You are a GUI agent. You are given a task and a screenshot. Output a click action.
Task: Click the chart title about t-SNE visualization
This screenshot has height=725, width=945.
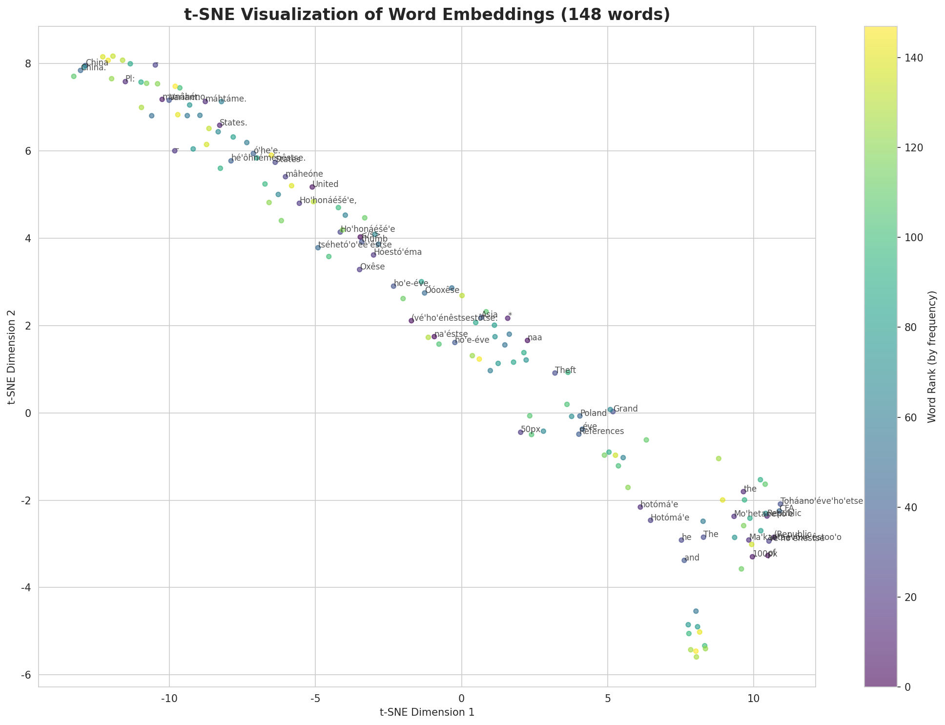tap(427, 15)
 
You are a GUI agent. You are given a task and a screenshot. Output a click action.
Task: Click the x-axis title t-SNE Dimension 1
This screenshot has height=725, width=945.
tap(427, 712)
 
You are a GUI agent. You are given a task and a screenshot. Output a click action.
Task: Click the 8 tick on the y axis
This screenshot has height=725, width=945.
tap(28, 64)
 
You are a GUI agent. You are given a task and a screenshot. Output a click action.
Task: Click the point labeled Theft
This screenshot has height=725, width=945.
tap(555, 373)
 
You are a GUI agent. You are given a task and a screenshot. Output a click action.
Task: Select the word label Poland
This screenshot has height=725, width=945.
tap(593, 414)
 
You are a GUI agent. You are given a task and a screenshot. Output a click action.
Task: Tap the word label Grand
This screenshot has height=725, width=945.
tap(625, 409)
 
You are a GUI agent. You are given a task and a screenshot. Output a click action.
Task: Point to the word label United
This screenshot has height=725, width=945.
tap(325, 185)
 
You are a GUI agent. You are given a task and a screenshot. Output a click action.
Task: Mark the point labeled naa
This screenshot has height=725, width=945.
tap(527, 340)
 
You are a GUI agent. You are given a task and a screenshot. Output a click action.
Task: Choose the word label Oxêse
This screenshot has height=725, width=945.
tap(372, 267)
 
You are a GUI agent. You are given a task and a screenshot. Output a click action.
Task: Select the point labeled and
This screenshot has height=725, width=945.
tap(684, 560)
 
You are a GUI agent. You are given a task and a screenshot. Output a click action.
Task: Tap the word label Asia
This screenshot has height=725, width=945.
tap(490, 315)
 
